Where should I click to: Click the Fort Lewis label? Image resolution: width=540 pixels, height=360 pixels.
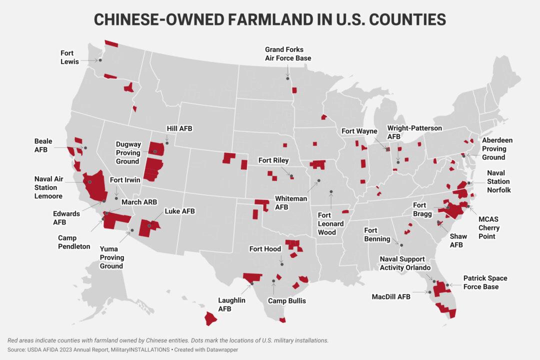(x=67, y=56)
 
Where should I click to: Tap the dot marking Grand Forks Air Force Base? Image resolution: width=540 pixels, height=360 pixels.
(x=287, y=78)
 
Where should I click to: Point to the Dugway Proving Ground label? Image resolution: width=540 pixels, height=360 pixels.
(x=127, y=152)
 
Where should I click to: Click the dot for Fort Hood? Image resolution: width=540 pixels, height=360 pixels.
(x=281, y=263)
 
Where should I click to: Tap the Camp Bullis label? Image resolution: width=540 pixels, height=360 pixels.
(x=287, y=301)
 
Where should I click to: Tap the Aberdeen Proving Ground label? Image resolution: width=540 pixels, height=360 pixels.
(x=497, y=149)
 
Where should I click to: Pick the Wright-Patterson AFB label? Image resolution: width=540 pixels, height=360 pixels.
(x=414, y=132)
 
